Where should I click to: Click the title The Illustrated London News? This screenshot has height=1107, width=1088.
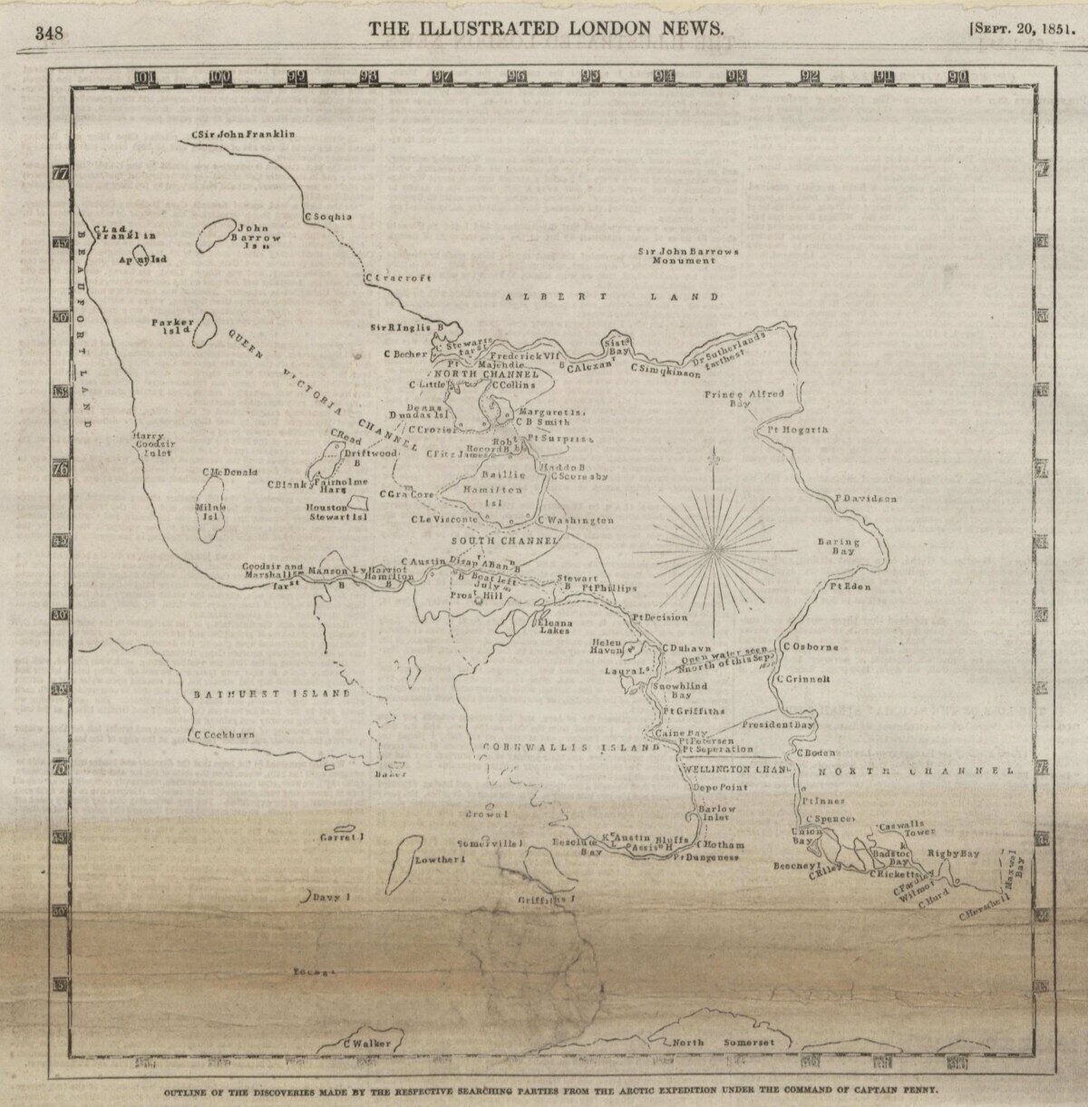pos(546,28)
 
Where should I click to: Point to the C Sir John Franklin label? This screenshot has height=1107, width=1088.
pos(244,134)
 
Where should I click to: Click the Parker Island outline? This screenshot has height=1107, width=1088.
pos(206,328)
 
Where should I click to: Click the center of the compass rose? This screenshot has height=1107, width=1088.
pos(716,549)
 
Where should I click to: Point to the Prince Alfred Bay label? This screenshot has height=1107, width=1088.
pos(743,400)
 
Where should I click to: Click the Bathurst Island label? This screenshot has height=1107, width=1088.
pos(272,694)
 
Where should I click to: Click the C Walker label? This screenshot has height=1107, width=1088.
pos(367,1044)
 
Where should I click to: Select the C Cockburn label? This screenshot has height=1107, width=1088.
pos(223,734)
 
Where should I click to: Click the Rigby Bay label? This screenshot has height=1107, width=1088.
pos(953,854)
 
